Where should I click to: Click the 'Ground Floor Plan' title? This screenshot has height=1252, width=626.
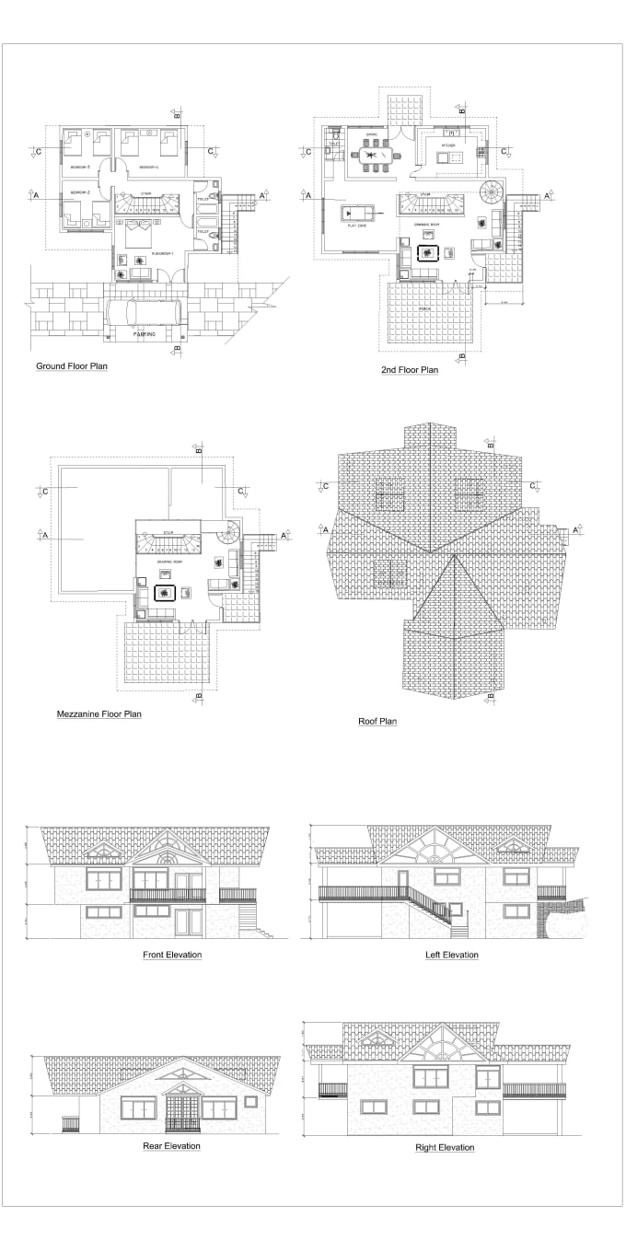pyautogui.click(x=72, y=366)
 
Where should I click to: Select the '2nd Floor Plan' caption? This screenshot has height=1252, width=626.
pyautogui.click(x=410, y=370)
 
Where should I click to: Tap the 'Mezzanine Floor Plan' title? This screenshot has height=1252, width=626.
pyautogui.click(x=99, y=713)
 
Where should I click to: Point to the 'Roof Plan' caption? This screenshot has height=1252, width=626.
pyautogui.click(x=377, y=721)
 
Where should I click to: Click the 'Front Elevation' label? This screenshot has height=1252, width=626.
pyautogui.click(x=172, y=955)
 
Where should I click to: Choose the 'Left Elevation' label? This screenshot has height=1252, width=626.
pyautogui.click(x=451, y=955)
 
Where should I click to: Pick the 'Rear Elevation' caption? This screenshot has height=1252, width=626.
pyautogui.click(x=171, y=1146)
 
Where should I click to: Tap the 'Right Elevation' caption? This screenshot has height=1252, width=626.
pyautogui.click(x=445, y=1148)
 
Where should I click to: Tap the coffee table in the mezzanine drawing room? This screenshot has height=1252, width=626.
pyautogui.click(x=166, y=594)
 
